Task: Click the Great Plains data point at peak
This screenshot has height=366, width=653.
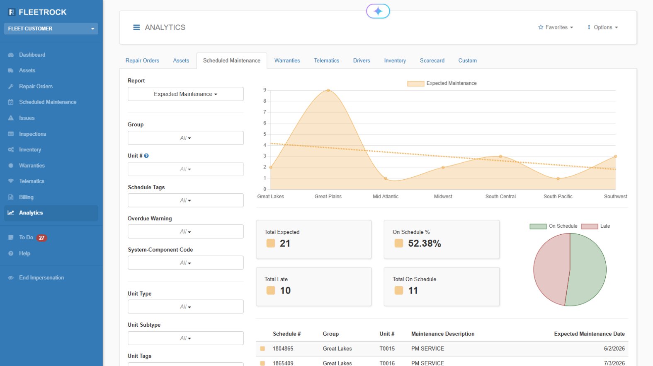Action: click(x=328, y=90)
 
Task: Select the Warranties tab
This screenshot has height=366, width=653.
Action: click(x=287, y=60)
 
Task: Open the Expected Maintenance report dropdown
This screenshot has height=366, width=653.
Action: click(x=185, y=94)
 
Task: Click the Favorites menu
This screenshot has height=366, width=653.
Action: click(x=556, y=27)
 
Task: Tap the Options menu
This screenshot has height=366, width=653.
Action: click(x=603, y=27)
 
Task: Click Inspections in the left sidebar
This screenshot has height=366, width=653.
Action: click(x=32, y=134)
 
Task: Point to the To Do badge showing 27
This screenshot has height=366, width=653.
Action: click(x=41, y=238)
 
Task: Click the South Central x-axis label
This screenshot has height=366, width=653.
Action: click(x=500, y=197)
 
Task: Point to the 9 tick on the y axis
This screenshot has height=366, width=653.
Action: click(x=265, y=90)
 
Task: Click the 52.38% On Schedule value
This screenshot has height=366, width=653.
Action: click(x=424, y=243)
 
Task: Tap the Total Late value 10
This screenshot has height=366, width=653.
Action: click(x=285, y=291)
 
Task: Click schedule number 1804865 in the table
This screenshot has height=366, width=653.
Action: click(x=283, y=349)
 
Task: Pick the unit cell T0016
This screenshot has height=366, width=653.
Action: click(x=387, y=363)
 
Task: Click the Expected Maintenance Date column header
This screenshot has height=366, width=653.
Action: click(x=589, y=334)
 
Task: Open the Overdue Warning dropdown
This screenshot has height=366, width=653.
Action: click(x=185, y=231)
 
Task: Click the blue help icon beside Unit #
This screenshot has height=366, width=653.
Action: click(x=146, y=156)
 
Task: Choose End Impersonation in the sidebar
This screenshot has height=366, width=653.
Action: click(x=41, y=277)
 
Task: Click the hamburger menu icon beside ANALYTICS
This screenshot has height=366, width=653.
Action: click(x=136, y=27)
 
